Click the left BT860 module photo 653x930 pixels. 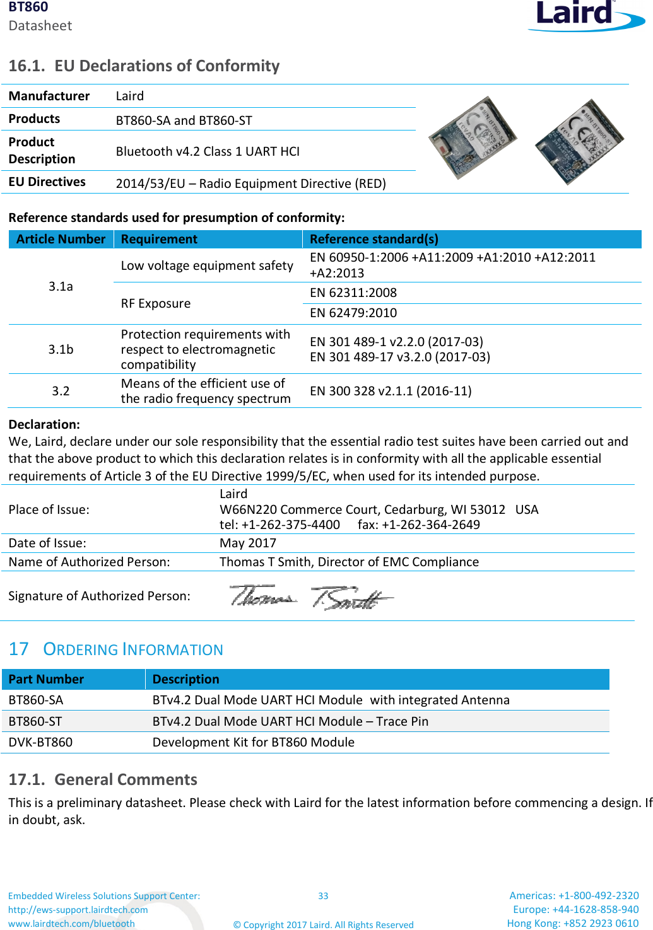pyautogui.click(x=473, y=137)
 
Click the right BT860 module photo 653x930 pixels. pyautogui.click(x=579, y=141)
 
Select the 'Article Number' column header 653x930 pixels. pyautogui.click(x=61, y=240)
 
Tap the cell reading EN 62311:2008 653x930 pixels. pyautogui.click(x=353, y=293)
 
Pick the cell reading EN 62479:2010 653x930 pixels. pyautogui.click(x=353, y=313)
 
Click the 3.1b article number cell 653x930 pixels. pyautogui.click(x=61, y=349)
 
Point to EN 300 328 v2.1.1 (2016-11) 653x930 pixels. pyautogui.click(x=391, y=391)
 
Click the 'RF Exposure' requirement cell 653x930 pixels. pyautogui.click(x=156, y=303)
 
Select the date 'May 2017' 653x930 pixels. pyautogui.click(x=247, y=543)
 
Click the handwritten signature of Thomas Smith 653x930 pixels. pyautogui.click(x=311, y=596)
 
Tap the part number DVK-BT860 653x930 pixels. pyautogui.click(x=40, y=742)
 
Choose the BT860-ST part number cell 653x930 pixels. pyautogui.click(x=35, y=721)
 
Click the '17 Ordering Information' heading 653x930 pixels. pyautogui.click(x=116, y=649)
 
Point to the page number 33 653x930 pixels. pyautogui.click(x=323, y=896)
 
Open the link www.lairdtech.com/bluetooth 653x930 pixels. pyautogui.click(x=71, y=924)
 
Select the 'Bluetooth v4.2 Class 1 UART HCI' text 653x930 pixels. pyautogui.click(x=208, y=151)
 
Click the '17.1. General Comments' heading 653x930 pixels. pyautogui.click(x=103, y=780)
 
